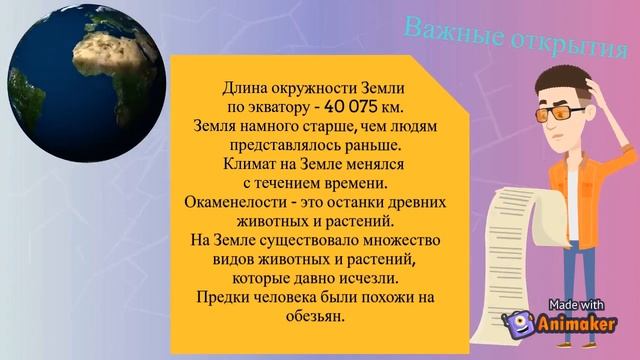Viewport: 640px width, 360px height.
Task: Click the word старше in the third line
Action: pos(319,126)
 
